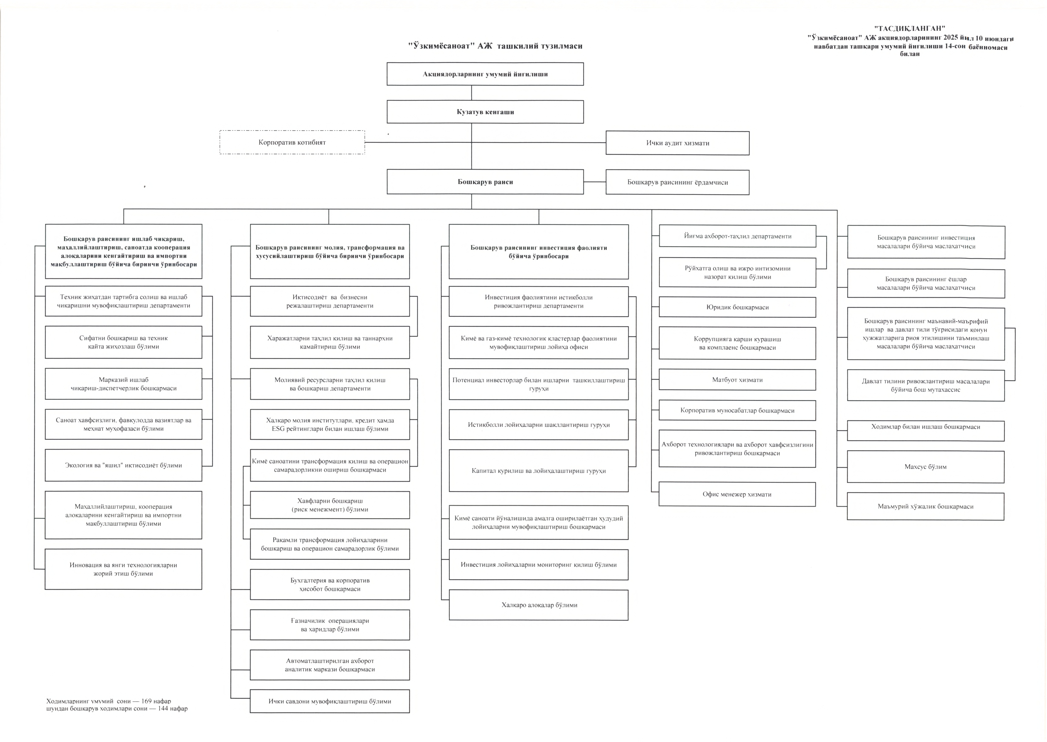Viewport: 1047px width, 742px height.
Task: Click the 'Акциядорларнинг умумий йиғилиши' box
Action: [485, 74]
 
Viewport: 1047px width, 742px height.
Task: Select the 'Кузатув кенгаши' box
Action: [485, 112]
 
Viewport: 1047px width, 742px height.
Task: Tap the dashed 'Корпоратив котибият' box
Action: [292, 142]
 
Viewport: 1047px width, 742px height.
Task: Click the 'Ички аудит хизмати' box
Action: [677, 143]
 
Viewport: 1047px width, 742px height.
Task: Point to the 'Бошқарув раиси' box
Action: [485, 182]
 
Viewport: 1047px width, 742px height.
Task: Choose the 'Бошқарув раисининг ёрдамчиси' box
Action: [677, 182]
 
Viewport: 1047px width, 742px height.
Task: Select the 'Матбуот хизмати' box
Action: [737, 380]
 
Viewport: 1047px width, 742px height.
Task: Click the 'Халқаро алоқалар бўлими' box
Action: [539, 605]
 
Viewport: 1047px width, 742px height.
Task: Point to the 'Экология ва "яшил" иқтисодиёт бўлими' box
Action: [123, 465]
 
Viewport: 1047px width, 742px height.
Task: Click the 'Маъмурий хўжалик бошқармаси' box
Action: [925, 506]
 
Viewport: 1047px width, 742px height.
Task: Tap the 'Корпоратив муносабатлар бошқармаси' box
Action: [737, 410]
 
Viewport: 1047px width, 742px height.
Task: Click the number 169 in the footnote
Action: [147, 701]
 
